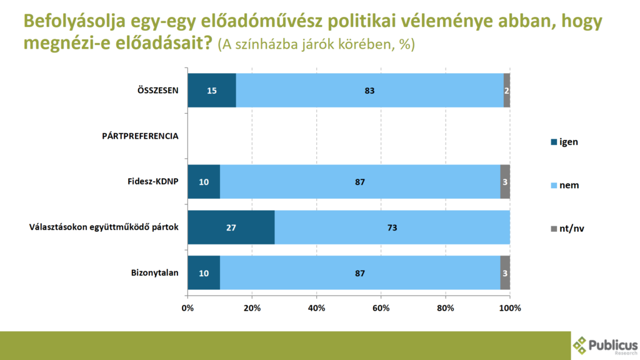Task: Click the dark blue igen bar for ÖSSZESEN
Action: click(x=212, y=90)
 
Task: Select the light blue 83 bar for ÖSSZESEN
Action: click(x=369, y=90)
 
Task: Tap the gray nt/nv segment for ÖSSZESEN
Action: click(x=507, y=90)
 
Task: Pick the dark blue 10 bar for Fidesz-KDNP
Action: click(x=204, y=182)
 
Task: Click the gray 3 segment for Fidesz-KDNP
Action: click(x=505, y=182)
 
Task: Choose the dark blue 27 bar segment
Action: click(x=231, y=227)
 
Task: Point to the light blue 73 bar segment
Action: click(x=392, y=227)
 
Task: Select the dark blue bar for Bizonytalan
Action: click(x=204, y=273)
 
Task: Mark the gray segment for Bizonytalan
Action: click(x=505, y=273)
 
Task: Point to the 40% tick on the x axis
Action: click(x=316, y=307)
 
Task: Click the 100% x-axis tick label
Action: click(x=510, y=307)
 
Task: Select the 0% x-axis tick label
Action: click(x=187, y=307)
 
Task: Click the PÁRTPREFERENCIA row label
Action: click(x=140, y=136)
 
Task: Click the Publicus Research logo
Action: click(x=605, y=344)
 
